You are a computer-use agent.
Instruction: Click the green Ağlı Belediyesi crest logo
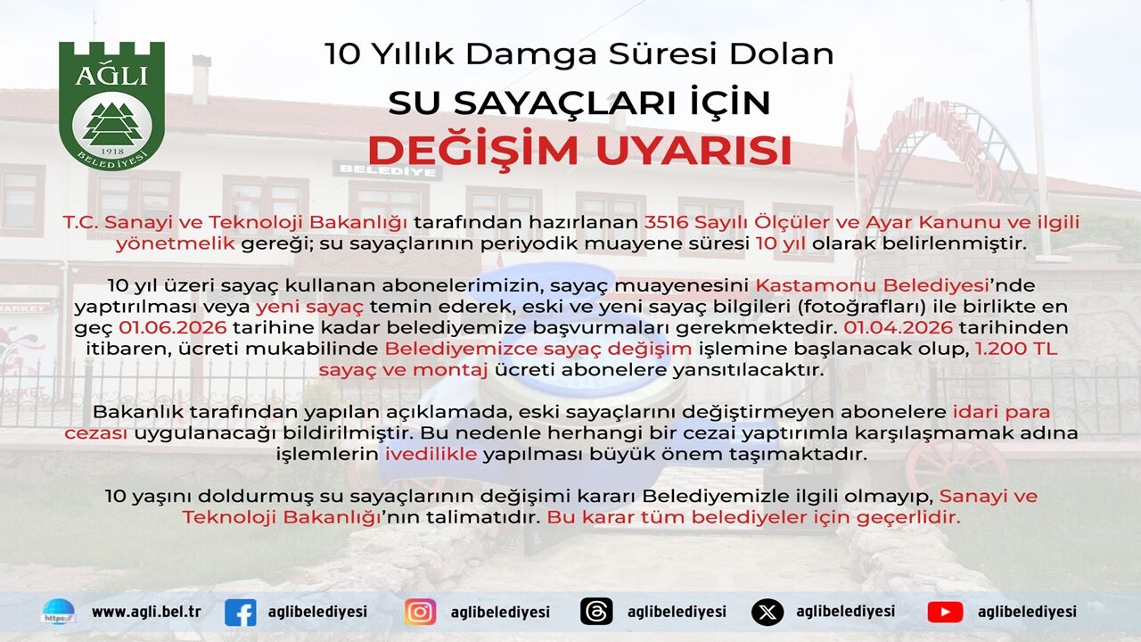[x=111, y=105]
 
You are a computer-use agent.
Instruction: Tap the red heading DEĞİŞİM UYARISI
[x=579, y=150]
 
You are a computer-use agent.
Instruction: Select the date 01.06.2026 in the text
[x=173, y=327]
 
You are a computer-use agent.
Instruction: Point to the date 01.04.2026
[x=898, y=327]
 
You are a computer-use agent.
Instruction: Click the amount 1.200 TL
[x=1016, y=349]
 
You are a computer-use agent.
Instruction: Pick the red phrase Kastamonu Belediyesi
[x=872, y=284]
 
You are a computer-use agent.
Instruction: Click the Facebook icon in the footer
[x=241, y=612]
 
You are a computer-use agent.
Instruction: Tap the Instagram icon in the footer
[x=420, y=612]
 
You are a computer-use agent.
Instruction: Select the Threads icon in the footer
[x=596, y=612]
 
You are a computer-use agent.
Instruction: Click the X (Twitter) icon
[x=768, y=612]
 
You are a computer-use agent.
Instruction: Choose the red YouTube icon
[x=945, y=612]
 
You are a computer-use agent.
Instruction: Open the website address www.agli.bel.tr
[x=147, y=612]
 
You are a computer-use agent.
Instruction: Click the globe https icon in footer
[x=59, y=612]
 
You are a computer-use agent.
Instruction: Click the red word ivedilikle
[x=431, y=454]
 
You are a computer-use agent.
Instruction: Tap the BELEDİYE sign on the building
[x=388, y=170]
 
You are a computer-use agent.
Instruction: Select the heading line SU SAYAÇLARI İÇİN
[x=579, y=103]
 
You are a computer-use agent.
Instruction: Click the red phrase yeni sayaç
[x=309, y=306]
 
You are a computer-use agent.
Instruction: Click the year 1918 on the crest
[x=112, y=152]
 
